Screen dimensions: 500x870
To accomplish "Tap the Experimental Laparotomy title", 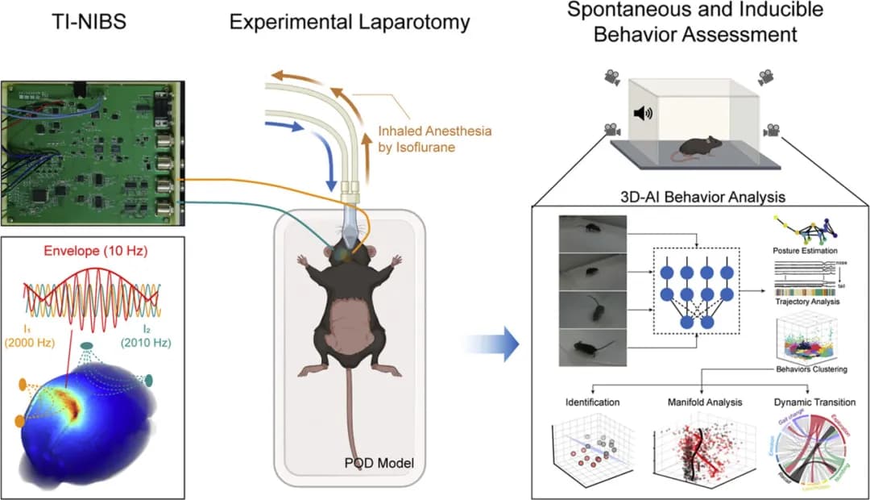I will [x=349, y=21].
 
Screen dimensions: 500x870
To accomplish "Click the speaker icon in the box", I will [x=642, y=113].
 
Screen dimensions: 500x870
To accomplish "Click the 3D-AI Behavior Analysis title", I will [x=694, y=196].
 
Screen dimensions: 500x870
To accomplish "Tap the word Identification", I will [x=594, y=401].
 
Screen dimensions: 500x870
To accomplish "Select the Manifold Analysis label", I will [x=705, y=401].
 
